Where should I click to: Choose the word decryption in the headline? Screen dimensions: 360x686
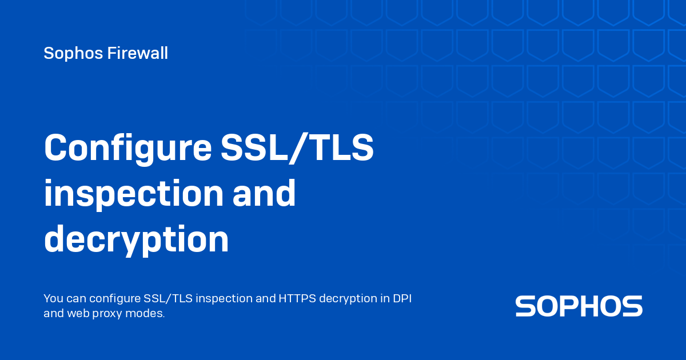tap(136, 240)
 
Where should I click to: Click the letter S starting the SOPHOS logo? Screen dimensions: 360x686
tap(526, 306)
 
